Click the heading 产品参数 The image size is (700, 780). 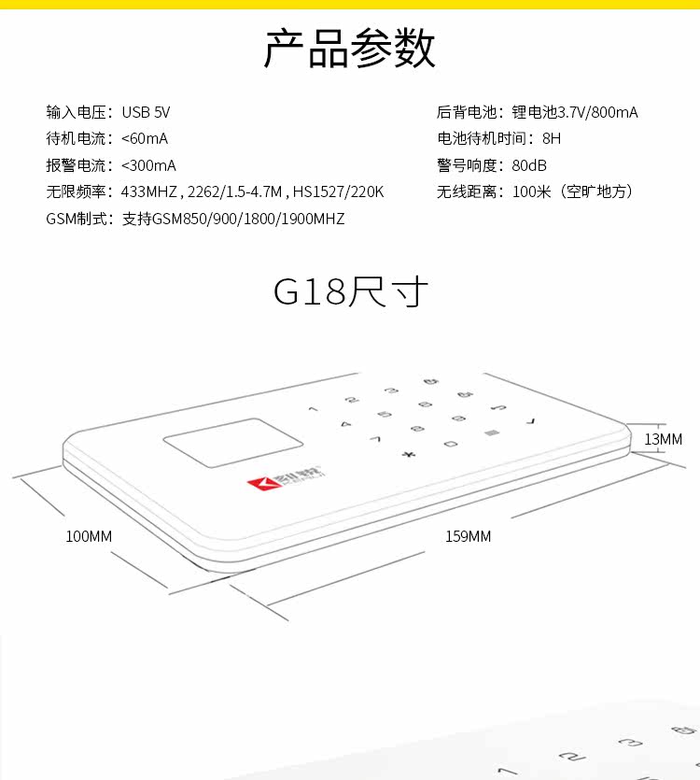click(350, 49)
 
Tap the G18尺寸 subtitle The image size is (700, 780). click(350, 291)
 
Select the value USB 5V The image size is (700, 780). click(146, 112)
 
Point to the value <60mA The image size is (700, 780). click(145, 138)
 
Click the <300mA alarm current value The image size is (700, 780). click(148, 165)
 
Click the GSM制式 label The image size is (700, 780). click(79, 219)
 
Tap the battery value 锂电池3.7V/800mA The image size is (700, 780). click(575, 112)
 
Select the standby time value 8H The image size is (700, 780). click(552, 138)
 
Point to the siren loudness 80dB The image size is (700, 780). click(529, 165)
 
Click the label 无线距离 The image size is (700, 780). click(469, 191)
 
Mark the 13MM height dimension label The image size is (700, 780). click(664, 438)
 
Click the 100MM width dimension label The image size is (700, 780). click(89, 536)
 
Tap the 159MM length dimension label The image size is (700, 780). click(468, 536)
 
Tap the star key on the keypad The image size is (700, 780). click(406, 455)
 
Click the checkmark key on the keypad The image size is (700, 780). click(532, 421)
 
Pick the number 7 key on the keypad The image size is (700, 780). click(375, 438)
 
